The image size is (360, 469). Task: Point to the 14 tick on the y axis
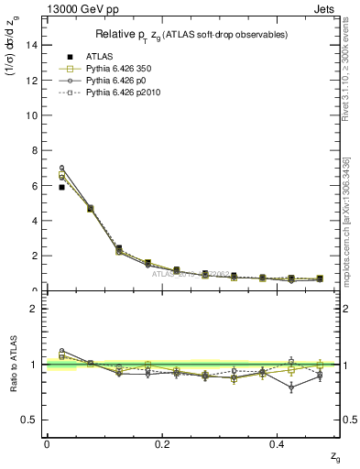(x=35, y=45)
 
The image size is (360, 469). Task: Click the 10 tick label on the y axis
(x=35, y=115)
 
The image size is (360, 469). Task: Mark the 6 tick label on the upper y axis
(x=38, y=185)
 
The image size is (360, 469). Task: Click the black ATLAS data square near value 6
(x=61, y=187)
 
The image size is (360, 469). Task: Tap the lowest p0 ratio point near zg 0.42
(x=290, y=387)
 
